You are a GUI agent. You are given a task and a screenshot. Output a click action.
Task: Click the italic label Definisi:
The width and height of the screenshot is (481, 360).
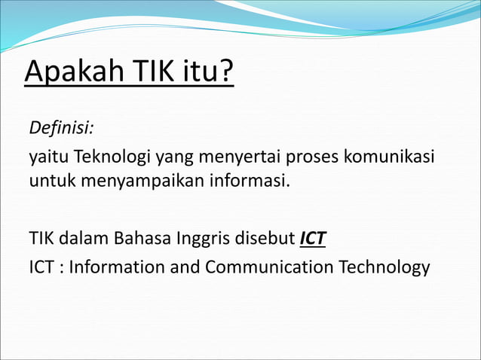(x=61, y=127)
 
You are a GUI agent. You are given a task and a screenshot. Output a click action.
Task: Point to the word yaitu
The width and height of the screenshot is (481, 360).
(x=44, y=160)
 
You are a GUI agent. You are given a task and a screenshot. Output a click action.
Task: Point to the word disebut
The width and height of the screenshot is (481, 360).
(x=266, y=239)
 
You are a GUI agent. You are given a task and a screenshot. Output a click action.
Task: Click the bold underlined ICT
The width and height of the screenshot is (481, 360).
(x=313, y=239)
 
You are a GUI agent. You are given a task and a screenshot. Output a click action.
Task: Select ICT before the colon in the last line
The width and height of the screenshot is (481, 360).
(x=42, y=267)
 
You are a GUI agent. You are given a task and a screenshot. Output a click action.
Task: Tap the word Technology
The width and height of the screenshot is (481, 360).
(x=384, y=267)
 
